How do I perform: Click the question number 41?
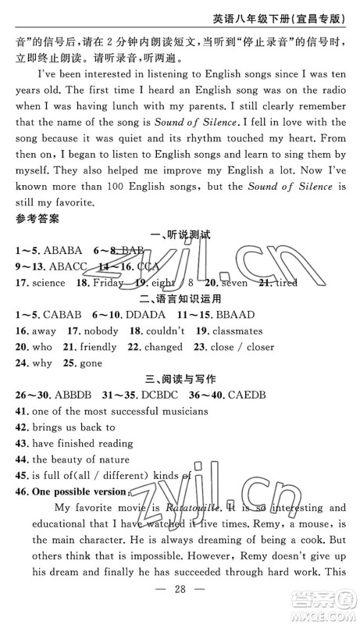click(20, 411)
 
